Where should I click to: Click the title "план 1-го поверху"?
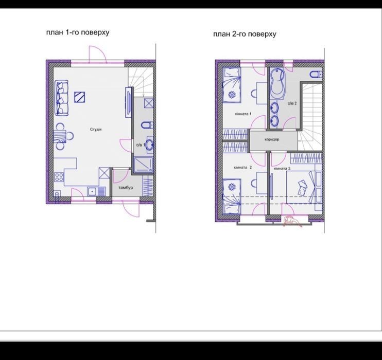point(78,32)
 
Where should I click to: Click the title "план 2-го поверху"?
point(245,34)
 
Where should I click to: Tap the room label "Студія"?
point(96,129)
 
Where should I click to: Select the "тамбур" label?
point(126,188)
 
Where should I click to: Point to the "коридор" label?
point(272,139)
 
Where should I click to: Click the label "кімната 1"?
point(243,114)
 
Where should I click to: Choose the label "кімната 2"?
point(242,168)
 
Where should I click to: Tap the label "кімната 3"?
point(282,169)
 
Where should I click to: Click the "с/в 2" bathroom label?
point(292,103)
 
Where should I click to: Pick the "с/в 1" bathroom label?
point(141,145)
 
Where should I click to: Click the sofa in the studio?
point(62,98)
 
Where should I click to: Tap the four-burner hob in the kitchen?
point(59,177)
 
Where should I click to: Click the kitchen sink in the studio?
point(96,191)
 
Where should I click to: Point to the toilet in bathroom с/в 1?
point(147,125)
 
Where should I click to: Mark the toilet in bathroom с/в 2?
point(316,74)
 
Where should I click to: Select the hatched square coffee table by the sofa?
point(80,97)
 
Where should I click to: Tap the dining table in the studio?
point(60,136)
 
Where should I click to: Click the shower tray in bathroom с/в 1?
point(144,165)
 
